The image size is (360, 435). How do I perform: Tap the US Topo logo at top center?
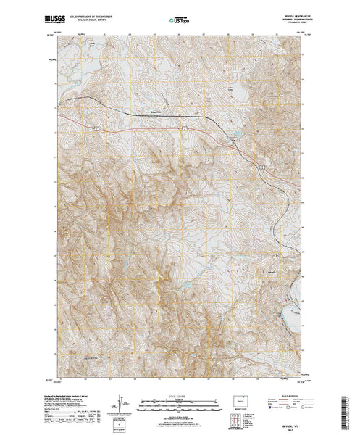pos(180,15)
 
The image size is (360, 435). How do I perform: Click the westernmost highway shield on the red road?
pos(96,128)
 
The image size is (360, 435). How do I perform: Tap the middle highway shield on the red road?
pos(185,128)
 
